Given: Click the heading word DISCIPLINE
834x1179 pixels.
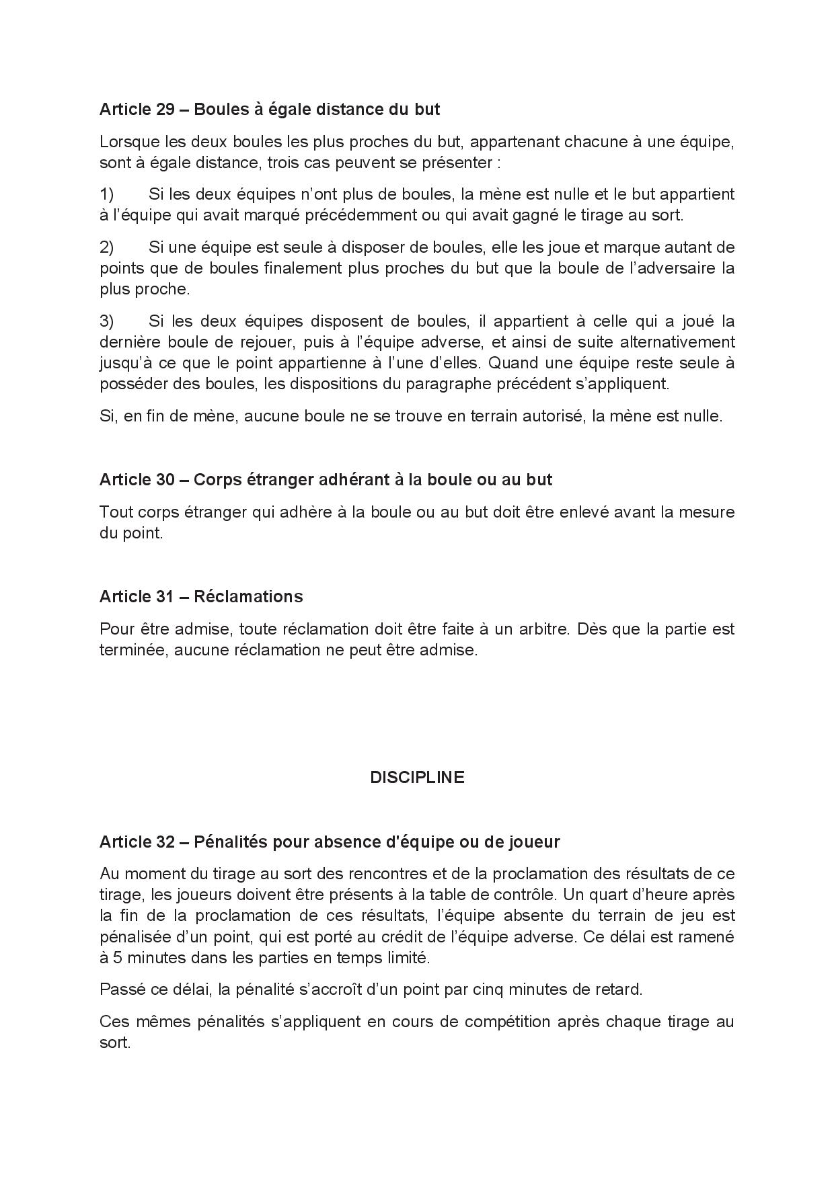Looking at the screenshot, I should click(417, 778).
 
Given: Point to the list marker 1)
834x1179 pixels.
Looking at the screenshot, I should click(107, 195).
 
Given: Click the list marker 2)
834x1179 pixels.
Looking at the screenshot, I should click(107, 247).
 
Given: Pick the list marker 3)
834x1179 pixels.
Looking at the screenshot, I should click(107, 321).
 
